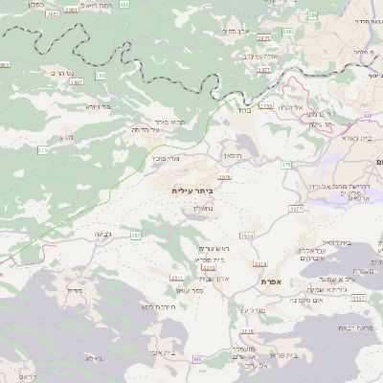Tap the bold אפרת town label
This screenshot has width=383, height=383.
[271, 282]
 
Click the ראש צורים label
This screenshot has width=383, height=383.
[214, 248]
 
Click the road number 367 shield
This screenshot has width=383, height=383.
[136, 234]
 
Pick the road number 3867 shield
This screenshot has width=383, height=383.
[76, 82]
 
